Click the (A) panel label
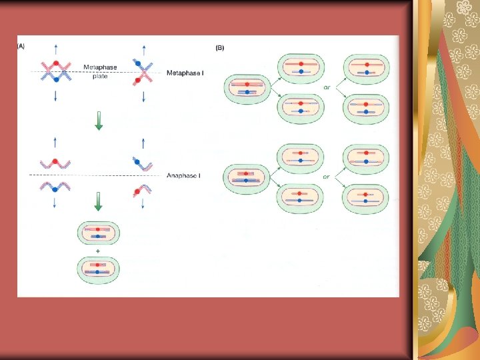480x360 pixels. tap(21, 47)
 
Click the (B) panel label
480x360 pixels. tap(219, 47)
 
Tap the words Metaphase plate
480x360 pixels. tap(99, 71)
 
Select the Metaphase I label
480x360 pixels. tap(185, 72)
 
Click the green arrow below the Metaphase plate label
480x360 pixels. tap(99, 123)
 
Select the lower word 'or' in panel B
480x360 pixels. tap(327, 177)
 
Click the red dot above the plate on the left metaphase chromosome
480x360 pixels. tap(57, 64)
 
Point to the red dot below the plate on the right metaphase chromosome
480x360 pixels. tap(139, 79)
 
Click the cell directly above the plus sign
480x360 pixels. tap(99, 234)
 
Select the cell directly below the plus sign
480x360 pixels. tap(99, 271)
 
